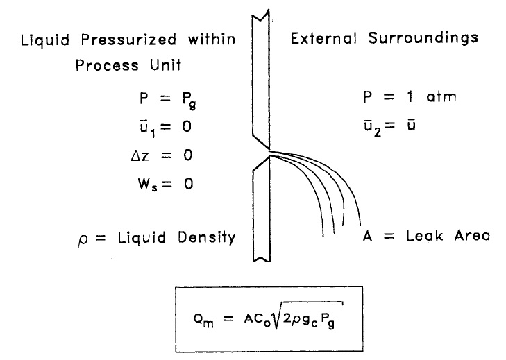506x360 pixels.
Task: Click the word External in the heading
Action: (323, 38)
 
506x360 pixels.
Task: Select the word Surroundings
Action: (423, 38)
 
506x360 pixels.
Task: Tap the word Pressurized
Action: (129, 40)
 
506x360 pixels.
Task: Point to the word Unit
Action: (166, 65)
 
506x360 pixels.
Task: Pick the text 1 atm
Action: (432, 97)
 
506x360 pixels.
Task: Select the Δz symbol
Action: (140, 155)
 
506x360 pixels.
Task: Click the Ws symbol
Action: (147, 185)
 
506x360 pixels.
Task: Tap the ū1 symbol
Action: (147, 128)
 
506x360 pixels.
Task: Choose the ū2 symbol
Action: (373, 128)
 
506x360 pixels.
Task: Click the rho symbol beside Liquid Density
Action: (83, 239)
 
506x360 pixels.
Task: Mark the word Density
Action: (207, 238)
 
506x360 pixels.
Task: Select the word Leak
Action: (424, 235)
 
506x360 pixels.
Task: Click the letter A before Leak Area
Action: (368, 236)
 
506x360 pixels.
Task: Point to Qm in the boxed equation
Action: (203, 320)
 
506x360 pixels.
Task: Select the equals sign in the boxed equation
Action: (228, 319)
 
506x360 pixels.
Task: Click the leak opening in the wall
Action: (269, 153)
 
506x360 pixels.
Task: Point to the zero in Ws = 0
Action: (189, 185)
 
